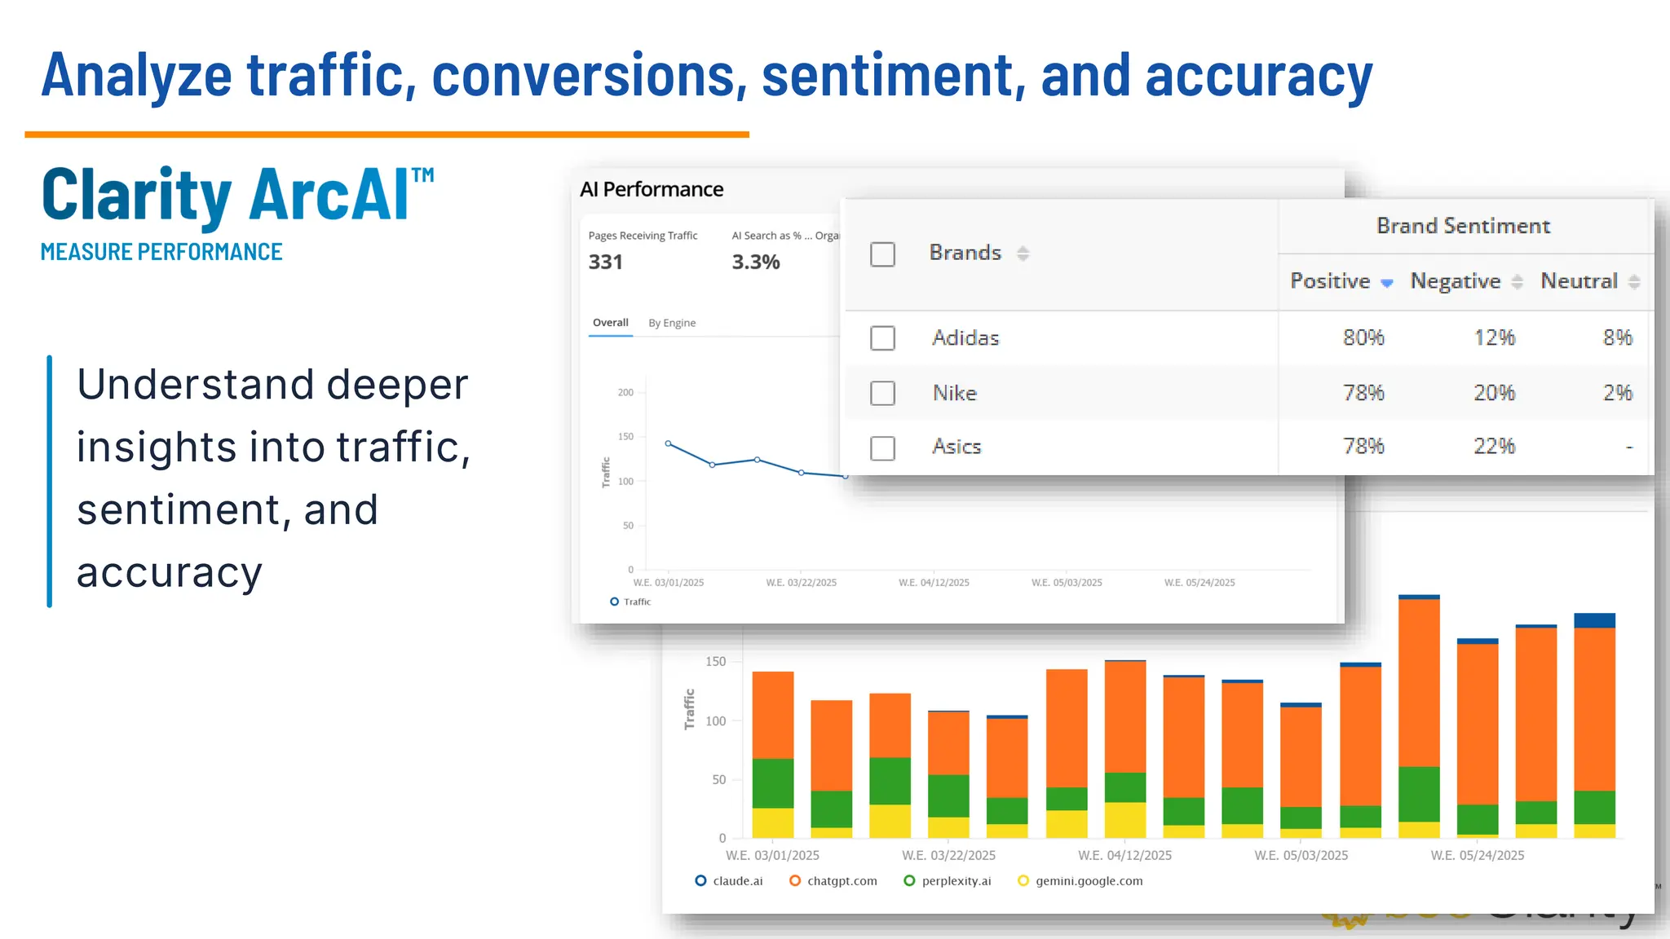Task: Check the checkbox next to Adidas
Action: [x=882, y=338]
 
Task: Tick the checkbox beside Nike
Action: [x=882, y=393]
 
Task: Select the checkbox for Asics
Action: [x=882, y=447]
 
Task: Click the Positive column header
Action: [x=1331, y=281]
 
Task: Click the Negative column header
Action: [x=1456, y=281]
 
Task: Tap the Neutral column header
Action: [x=1579, y=281]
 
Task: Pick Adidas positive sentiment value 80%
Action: [x=1363, y=337]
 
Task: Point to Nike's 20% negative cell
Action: [x=1494, y=393]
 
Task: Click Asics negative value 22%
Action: [x=1494, y=447]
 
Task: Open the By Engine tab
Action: [x=672, y=323]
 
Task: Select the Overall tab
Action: [x=611, y=323]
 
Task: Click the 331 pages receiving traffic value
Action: [x=606, y=262]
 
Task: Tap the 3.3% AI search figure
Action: [x=756, y=262]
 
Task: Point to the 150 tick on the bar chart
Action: [x=716, y=662]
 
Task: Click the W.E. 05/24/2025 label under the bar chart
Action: [x=1478, y=855]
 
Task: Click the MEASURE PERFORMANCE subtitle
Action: [x=161, y=252]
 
